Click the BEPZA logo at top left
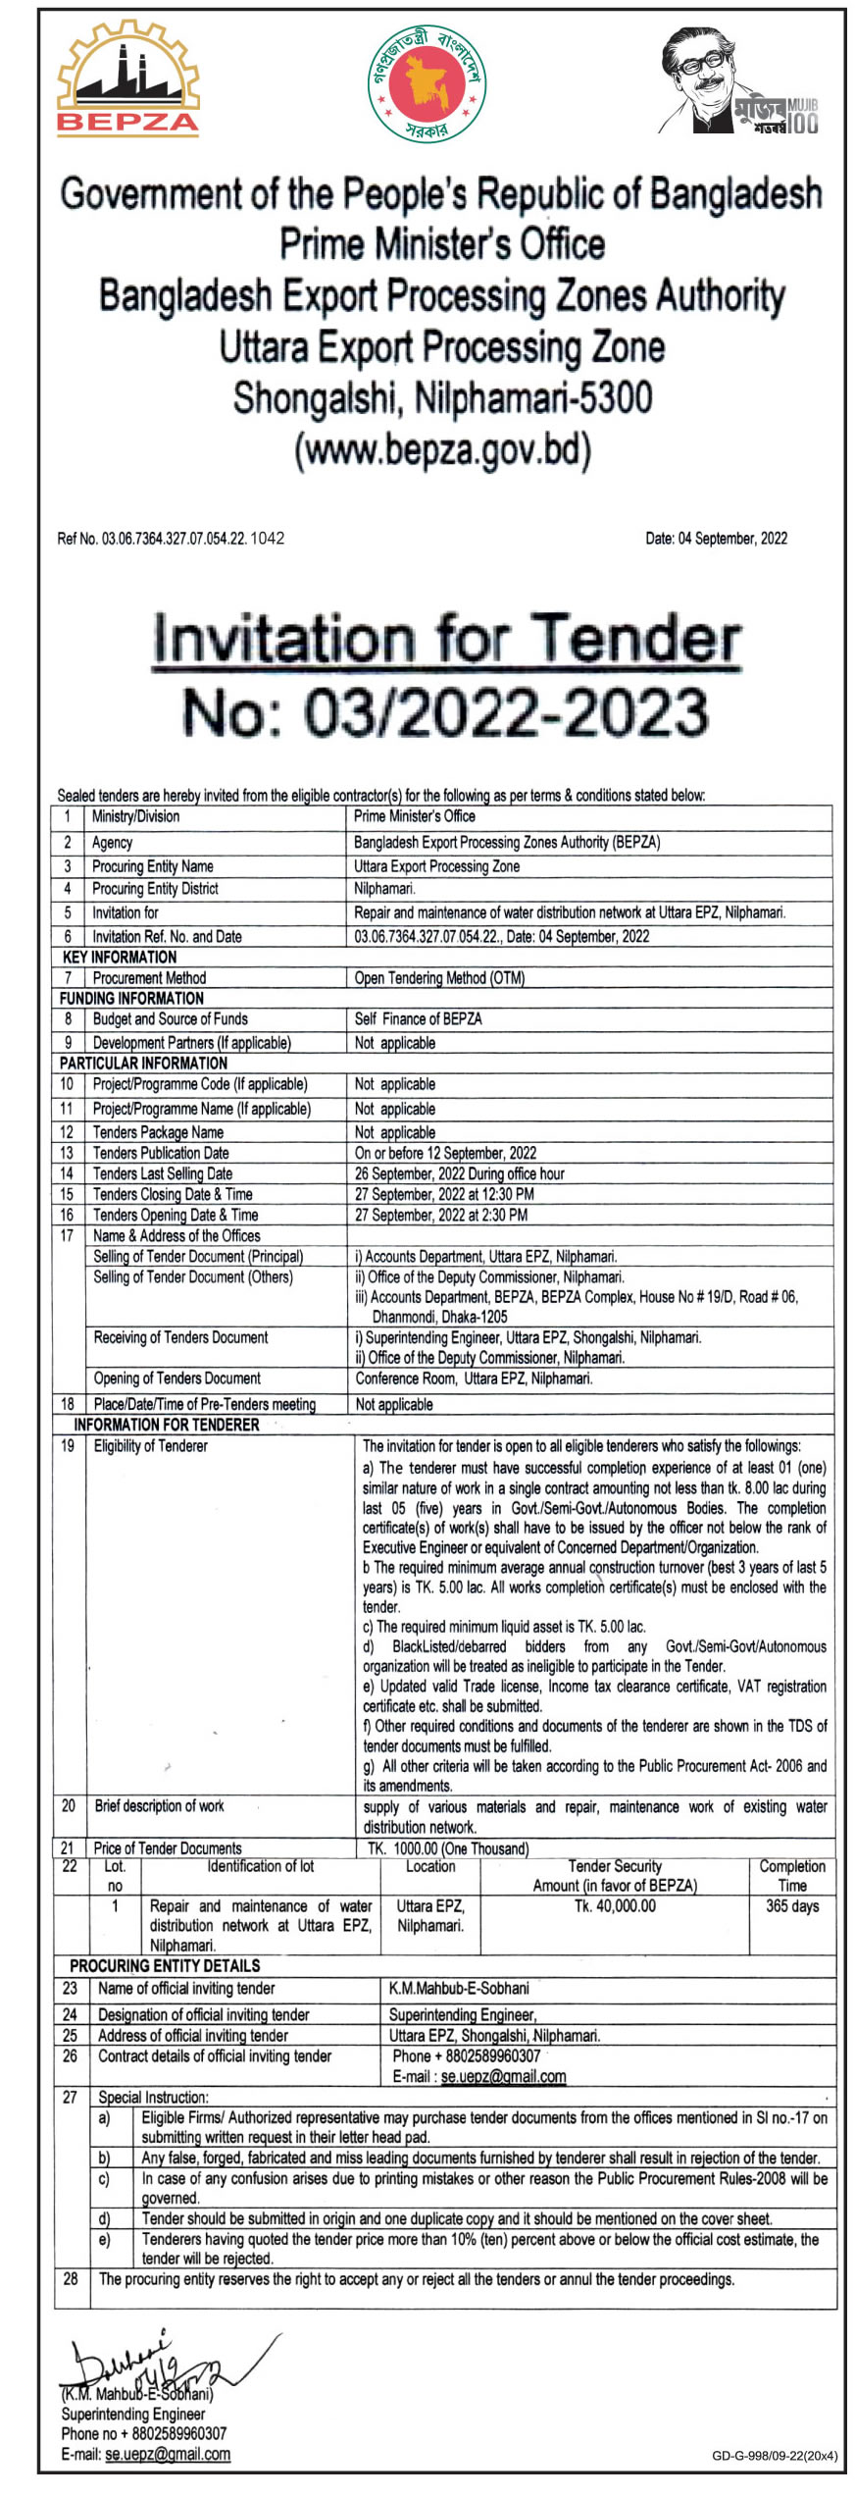click(x=127, y=80)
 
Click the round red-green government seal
click(x=427, y=82)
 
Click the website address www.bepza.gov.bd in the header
click(x=443, y=450)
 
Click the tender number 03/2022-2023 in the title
click(x=445, y=713)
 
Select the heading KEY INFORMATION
click(x=120, y=957)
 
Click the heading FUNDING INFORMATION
click(x=131, y=998)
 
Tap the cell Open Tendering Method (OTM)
click(x=439, y=977)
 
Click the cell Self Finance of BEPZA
click(x=418, y=1018)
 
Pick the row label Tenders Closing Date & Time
click(x=173, y=1194)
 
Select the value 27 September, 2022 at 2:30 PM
click(x=441, y=1215)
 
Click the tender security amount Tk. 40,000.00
click(x=615, y=1905)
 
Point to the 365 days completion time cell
click(x=791, y=1905)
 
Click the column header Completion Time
click(x=791, y=1875)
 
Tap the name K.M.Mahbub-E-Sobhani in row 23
click(x=459, y=1988)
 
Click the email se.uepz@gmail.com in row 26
click(x=503, y=2076)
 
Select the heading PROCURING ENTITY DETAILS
click(x=165, y=1965)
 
